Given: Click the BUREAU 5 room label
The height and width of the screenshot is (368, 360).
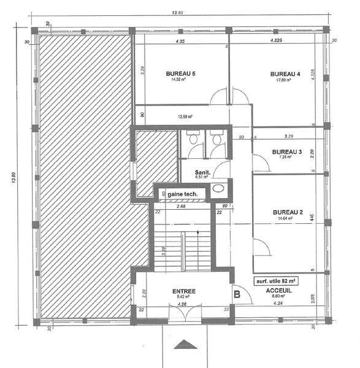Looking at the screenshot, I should coord(180,74).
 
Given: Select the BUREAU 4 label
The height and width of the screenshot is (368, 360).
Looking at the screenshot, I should coord(285,74).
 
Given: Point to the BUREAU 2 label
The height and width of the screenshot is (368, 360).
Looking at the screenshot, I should coord(287,212).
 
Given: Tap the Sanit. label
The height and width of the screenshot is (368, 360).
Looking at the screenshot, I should coord(202,173).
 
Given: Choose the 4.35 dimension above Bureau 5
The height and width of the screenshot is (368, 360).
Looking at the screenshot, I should coord(180,42).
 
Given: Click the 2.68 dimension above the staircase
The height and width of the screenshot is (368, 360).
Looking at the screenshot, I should coord(181,206).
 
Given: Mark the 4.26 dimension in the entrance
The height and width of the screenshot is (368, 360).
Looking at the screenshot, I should coord(182,302).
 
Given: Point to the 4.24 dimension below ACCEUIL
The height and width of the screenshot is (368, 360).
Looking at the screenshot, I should coord(280,302).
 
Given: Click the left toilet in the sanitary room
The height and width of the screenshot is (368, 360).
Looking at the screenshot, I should coord(193,137).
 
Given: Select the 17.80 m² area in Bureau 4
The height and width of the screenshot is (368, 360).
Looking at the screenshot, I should coord(284,80).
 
